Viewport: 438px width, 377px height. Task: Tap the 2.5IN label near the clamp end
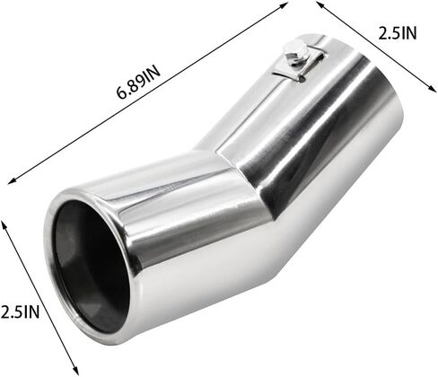click(x=398, y=33)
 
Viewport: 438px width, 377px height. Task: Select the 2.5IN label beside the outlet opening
click(x=20, y=312)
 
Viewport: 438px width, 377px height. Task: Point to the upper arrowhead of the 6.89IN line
click(x=285, y=5)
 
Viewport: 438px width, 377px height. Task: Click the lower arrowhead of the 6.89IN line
click(x=12, y=180)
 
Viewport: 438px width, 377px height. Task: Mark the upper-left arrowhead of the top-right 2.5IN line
click(x=320, y=4)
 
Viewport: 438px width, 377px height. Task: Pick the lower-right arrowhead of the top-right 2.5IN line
click(x=433, y=88)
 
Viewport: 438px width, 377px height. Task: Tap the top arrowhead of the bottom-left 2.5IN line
click(x=4, y=224)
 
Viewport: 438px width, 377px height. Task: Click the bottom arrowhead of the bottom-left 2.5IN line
click(x=75, y=370)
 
